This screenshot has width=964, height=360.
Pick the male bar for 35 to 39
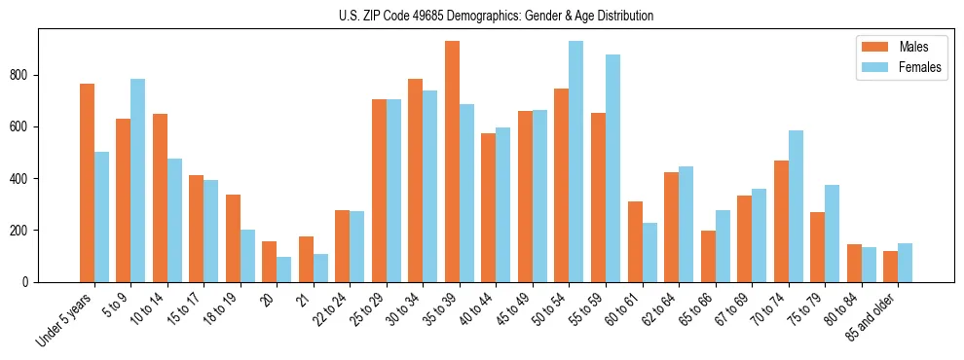point(452,162)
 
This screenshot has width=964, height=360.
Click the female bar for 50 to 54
point(576,162)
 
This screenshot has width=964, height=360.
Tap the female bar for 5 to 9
point(138,181)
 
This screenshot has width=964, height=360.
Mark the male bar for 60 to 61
point(635,242)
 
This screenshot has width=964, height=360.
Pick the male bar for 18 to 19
point(233,238)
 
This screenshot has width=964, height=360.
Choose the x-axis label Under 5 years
point(66,318)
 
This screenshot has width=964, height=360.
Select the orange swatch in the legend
point(872,47)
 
